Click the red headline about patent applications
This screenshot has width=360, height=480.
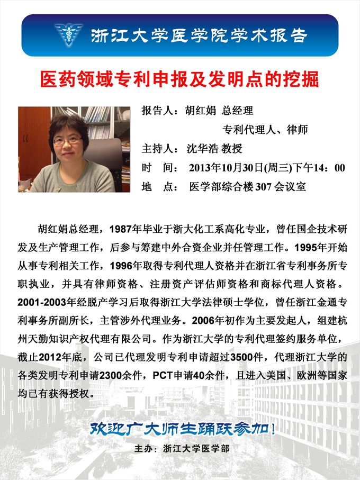(179, 79)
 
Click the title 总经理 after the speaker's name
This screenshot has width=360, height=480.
(238, 111)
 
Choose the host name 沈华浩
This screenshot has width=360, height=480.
(203, 148)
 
